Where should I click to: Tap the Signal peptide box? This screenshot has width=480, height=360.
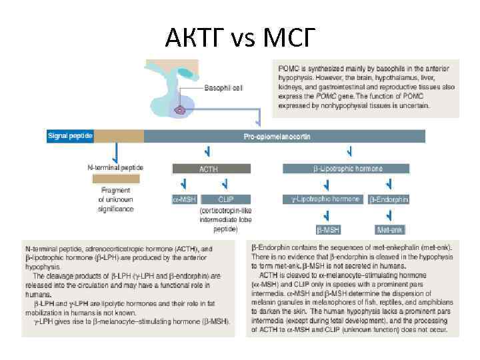pos(70,136)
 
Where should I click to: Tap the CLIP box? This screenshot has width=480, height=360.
pos(225,199)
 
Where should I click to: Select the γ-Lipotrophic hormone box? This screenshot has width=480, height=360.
pos(325,199)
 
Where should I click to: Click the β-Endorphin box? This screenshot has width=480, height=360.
pos(389,199)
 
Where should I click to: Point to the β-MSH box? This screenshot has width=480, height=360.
pos(328,229)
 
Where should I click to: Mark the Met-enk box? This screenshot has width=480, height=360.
pos(389,229)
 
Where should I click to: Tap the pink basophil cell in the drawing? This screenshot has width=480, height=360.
pos(179,110)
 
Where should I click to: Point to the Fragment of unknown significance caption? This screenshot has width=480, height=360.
pos(115,199)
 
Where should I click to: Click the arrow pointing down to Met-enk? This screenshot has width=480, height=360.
pos(389,215)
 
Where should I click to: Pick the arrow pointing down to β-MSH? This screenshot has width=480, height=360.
pos(327,215)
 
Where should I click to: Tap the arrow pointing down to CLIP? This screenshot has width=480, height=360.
pos(225,184)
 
